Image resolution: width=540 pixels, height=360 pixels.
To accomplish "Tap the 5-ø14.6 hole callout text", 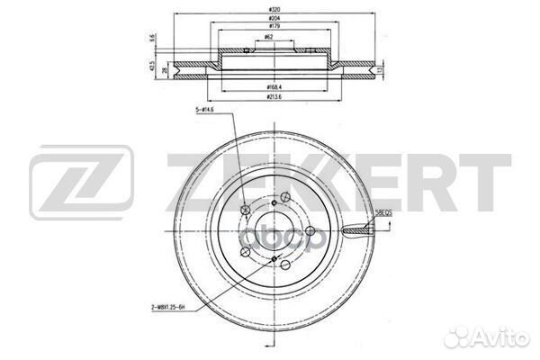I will (x=204, y=111).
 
